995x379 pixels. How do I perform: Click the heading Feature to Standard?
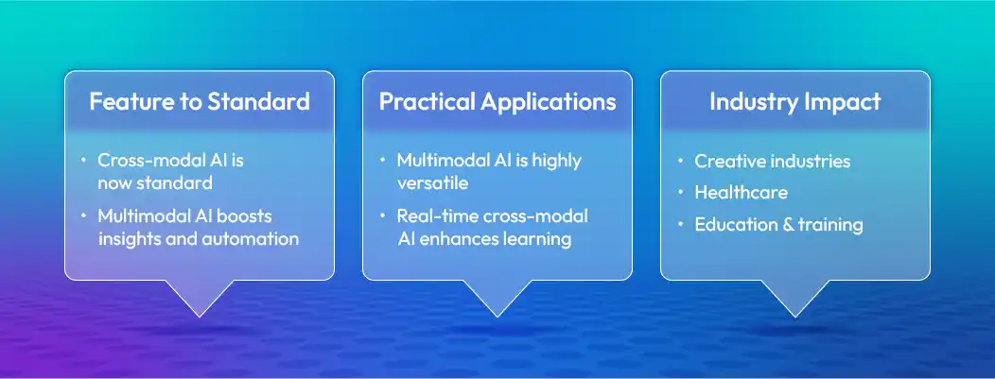tap(199, 102)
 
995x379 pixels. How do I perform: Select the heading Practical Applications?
tap(497, 102)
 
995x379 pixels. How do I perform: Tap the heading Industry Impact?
tap(794, 102)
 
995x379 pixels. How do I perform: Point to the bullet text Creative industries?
tap(772, 162)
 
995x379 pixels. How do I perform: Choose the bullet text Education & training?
tap(778, 225)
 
